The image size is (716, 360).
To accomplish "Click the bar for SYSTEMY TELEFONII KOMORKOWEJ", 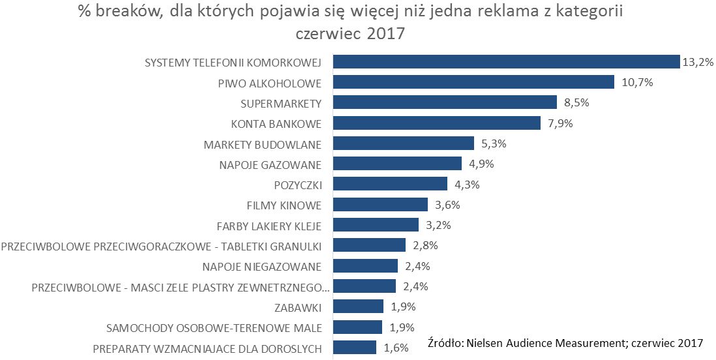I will pyautogui.click(x=506, y=62).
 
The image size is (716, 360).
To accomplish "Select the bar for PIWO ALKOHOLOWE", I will pyautogui.click(x=473, y=82).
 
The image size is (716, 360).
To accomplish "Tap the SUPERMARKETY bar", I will pyautogui.click(x=445, y=102).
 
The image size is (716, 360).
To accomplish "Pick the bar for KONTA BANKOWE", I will pyautogui.click(x=437, y=123).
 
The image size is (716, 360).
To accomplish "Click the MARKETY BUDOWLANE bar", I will pyautogui.click(x=403, y=143).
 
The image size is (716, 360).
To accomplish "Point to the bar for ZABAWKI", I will pyautogui.click(x=358, y=307).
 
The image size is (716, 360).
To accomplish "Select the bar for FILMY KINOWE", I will pyautogui.click(x=380, y=205).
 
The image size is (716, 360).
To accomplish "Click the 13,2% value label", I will pyautogui.click(x=697, y=63).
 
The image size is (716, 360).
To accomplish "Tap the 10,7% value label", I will pyautogui.click(x=636, y=83).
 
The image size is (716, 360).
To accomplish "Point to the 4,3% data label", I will pyautogui.click(x=466, y=185).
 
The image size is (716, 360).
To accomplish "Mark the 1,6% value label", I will pyautogui.click(x=396, y=348).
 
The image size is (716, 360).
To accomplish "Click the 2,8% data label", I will pyautogui.click(x=425, y=246).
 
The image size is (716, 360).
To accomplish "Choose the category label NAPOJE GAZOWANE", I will pyautogui.click(x=271, y=164).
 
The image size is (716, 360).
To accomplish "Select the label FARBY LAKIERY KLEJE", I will pyautogui.click(x=269, y=226).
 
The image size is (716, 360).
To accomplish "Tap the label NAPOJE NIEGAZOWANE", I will pyautogui.click(x=262, y=266).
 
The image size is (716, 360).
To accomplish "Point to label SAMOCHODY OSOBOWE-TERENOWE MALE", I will pyautogui.click(x=214, y=327).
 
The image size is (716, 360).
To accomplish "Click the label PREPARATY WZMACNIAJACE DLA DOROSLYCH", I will pyautogui.click(x=207, y=348).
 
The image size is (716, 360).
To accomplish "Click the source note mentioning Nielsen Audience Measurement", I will pyautogui.click(x=565, y=343).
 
